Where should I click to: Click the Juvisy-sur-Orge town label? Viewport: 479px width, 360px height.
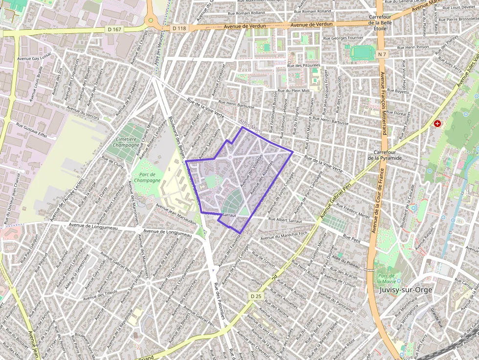[406, 290]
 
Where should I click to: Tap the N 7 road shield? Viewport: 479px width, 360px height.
[382, 54]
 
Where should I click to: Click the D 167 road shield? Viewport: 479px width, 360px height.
[114, 29]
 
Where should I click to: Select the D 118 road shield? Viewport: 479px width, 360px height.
[179, 28]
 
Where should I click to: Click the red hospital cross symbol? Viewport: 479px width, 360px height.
[438, 124]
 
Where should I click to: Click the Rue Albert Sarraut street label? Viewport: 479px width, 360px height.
[285, 220]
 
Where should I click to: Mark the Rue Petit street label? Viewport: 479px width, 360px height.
[351, 238]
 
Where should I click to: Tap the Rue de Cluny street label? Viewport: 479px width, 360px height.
[112, 162]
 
